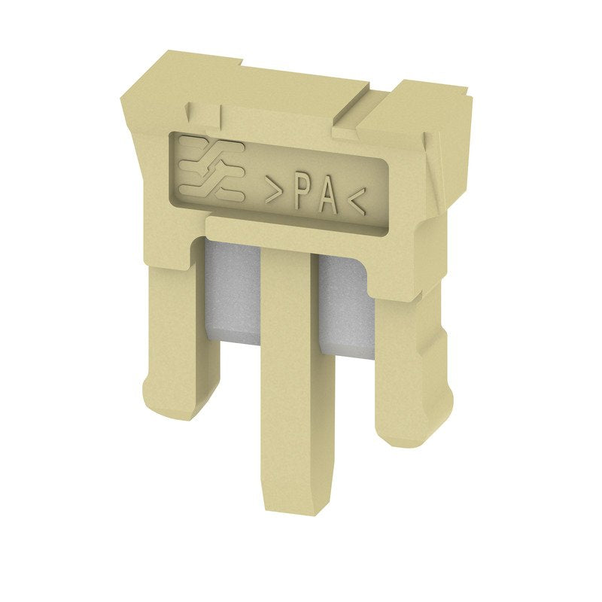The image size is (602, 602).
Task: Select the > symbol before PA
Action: click(273, 190)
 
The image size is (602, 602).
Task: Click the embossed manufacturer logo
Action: click(212, 168)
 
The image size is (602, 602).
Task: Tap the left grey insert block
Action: click(232, 293)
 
